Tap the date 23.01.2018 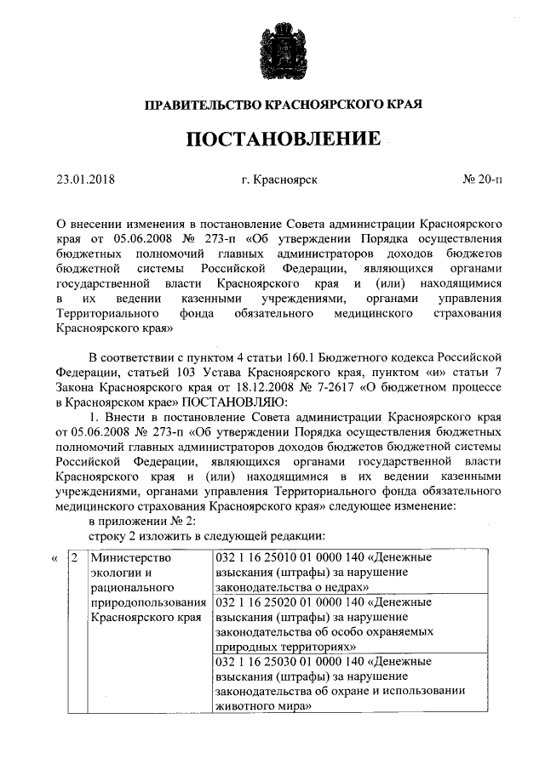click(x=85, y=180)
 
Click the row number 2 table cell click(x=75, y=557)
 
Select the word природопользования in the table click(x=146, y=602)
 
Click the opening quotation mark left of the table click(x=55, y=558)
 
